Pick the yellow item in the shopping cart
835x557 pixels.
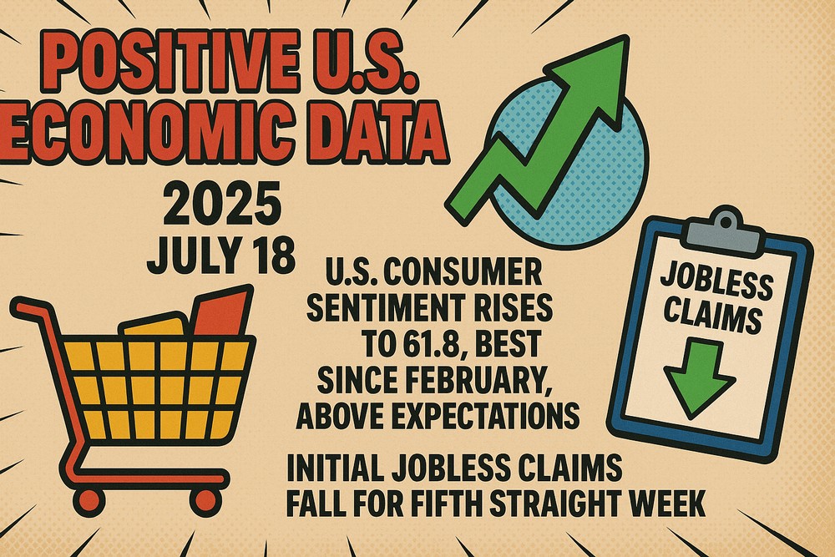[x=154, y=326]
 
